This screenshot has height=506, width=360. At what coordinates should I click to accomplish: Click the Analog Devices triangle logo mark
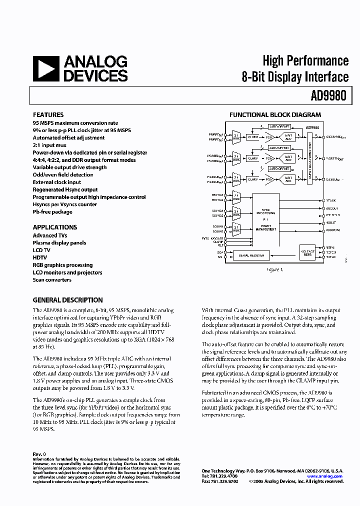point(45,68)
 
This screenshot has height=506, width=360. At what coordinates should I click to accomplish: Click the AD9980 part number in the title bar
point(330,95)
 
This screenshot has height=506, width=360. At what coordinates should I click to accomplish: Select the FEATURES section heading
point(48,114)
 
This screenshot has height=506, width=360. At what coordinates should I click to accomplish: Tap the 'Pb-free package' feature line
point(52,212)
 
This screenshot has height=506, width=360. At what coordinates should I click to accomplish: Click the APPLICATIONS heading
point(55,227)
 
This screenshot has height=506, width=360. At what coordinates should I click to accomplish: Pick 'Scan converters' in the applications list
point(52,280)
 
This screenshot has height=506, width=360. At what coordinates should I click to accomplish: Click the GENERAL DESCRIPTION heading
point(67,300)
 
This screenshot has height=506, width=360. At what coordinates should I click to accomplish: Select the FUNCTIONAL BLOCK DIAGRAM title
point(275,115)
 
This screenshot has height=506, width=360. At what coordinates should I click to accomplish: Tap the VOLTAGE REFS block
point(308,252)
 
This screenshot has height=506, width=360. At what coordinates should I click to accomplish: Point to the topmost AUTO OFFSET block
point(279,127)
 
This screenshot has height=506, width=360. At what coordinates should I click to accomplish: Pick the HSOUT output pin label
point(330,222)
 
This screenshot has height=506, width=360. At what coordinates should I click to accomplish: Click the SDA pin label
point(220,253)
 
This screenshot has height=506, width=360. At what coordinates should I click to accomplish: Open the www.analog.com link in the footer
point(324,476)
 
